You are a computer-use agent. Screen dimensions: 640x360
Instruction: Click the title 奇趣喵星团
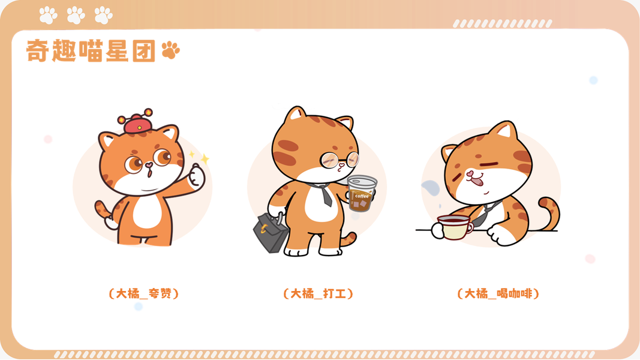(91, 50)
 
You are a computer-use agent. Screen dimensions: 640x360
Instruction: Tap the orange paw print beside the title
(170, 50)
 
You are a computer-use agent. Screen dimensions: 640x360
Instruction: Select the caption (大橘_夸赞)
(144, 293)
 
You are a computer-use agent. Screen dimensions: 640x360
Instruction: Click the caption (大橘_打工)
(318, 293)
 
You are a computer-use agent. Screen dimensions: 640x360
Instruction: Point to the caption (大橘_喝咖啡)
(498, 293)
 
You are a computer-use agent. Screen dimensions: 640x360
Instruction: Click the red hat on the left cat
(136, 122)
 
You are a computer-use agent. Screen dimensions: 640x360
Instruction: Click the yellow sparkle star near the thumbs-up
(205, 158)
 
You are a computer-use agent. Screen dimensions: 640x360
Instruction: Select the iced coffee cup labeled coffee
(361, 193)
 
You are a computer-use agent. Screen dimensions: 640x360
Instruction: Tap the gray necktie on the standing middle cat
(324, 194)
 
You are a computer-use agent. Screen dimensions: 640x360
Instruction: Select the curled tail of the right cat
(551, 214)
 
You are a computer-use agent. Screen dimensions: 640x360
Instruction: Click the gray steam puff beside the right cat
(431, 188)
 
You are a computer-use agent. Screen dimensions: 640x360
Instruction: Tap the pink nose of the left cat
(149, 165)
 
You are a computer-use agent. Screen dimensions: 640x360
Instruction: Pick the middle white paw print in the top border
(76, 16)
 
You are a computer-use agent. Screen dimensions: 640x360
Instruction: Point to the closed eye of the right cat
(489, 164)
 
